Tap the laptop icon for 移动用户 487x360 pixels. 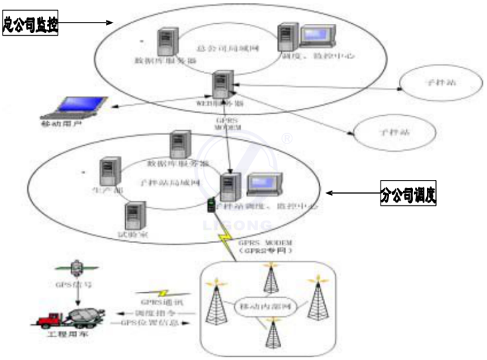[81, 106]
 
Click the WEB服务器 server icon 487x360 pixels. [221, 84]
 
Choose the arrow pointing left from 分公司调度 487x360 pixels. [354, 194]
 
